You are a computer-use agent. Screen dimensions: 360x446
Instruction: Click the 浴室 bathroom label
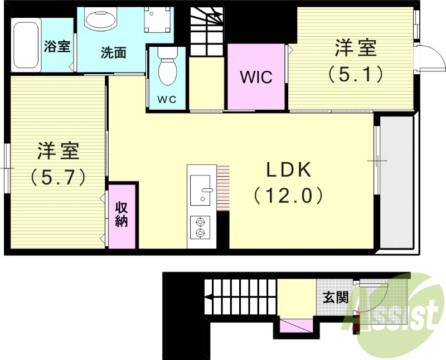pyautogui.click(x=57, y=46)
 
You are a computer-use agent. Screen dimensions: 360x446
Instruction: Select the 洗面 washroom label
pyautogui.click(x=113, y=53)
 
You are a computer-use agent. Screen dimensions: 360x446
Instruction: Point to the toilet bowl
pyautogui.click(x=167, y=70)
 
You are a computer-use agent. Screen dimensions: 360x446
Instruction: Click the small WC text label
pyautogui.click(x=167, y=100)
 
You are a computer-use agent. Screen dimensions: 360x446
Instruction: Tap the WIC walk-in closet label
pyautogui.click(x=256, y=76)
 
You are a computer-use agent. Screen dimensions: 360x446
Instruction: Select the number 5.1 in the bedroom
pyautogui.click(x=355, y=74)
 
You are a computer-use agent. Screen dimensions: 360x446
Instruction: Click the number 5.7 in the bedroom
pyautogui.click(x=58, y=177)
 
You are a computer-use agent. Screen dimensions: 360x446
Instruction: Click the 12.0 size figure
pyautogui.click(x=288, y=196)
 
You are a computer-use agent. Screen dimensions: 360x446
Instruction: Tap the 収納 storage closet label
pyautogui.click(x=122, y=215)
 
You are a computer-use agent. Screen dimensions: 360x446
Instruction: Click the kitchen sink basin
pyautogui.click(x=200, y=189)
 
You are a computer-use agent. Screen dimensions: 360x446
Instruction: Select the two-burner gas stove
pyautogui.click(x=200, y=227)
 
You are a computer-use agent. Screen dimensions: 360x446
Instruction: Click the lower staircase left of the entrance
pyautogui.click(x=240, y=296)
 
